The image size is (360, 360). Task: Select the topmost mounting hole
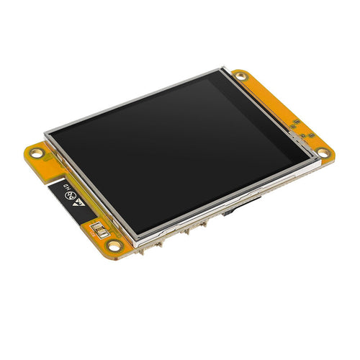click(x=240, y=76)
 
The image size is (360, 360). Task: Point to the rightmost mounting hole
click(x=323, y=153)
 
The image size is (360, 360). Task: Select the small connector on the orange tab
click(x=102, y=232)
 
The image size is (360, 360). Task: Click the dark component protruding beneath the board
click(x=229, y=213)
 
